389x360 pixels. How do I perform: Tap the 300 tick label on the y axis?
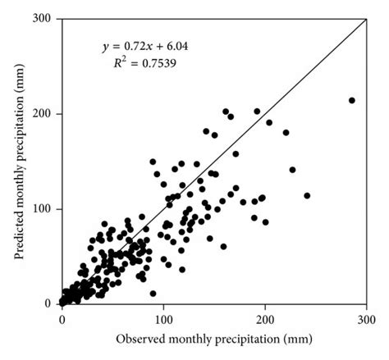[46, 18]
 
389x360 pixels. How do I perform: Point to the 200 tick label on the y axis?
[46, 113]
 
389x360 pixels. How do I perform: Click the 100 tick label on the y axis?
[46, 208]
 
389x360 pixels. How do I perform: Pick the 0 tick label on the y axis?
[51, 303]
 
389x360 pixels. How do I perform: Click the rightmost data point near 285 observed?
[352, 100]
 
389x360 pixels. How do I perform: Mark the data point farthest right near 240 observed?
[307, 195]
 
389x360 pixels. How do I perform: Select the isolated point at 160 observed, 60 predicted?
[223, 246]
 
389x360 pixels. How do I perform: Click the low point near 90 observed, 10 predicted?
[153, 293]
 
